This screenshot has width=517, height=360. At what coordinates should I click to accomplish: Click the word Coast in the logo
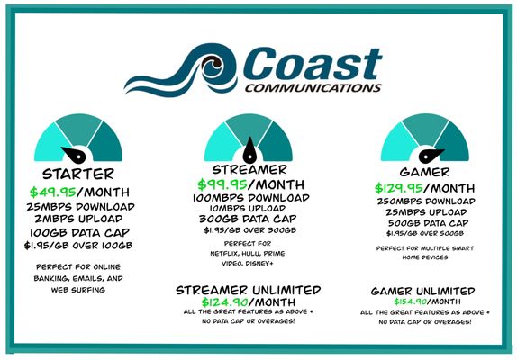point(297,64)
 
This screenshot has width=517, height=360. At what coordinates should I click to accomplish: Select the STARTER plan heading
point(78,174)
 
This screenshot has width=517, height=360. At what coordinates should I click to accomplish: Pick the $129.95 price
point(399,188)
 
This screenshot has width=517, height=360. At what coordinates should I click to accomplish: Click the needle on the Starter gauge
point(70,153)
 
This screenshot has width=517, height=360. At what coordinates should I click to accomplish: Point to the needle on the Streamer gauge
point(251,144)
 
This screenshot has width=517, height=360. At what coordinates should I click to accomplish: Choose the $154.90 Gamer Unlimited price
point(396,303)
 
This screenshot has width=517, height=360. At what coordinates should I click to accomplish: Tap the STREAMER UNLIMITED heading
point(251,289)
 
